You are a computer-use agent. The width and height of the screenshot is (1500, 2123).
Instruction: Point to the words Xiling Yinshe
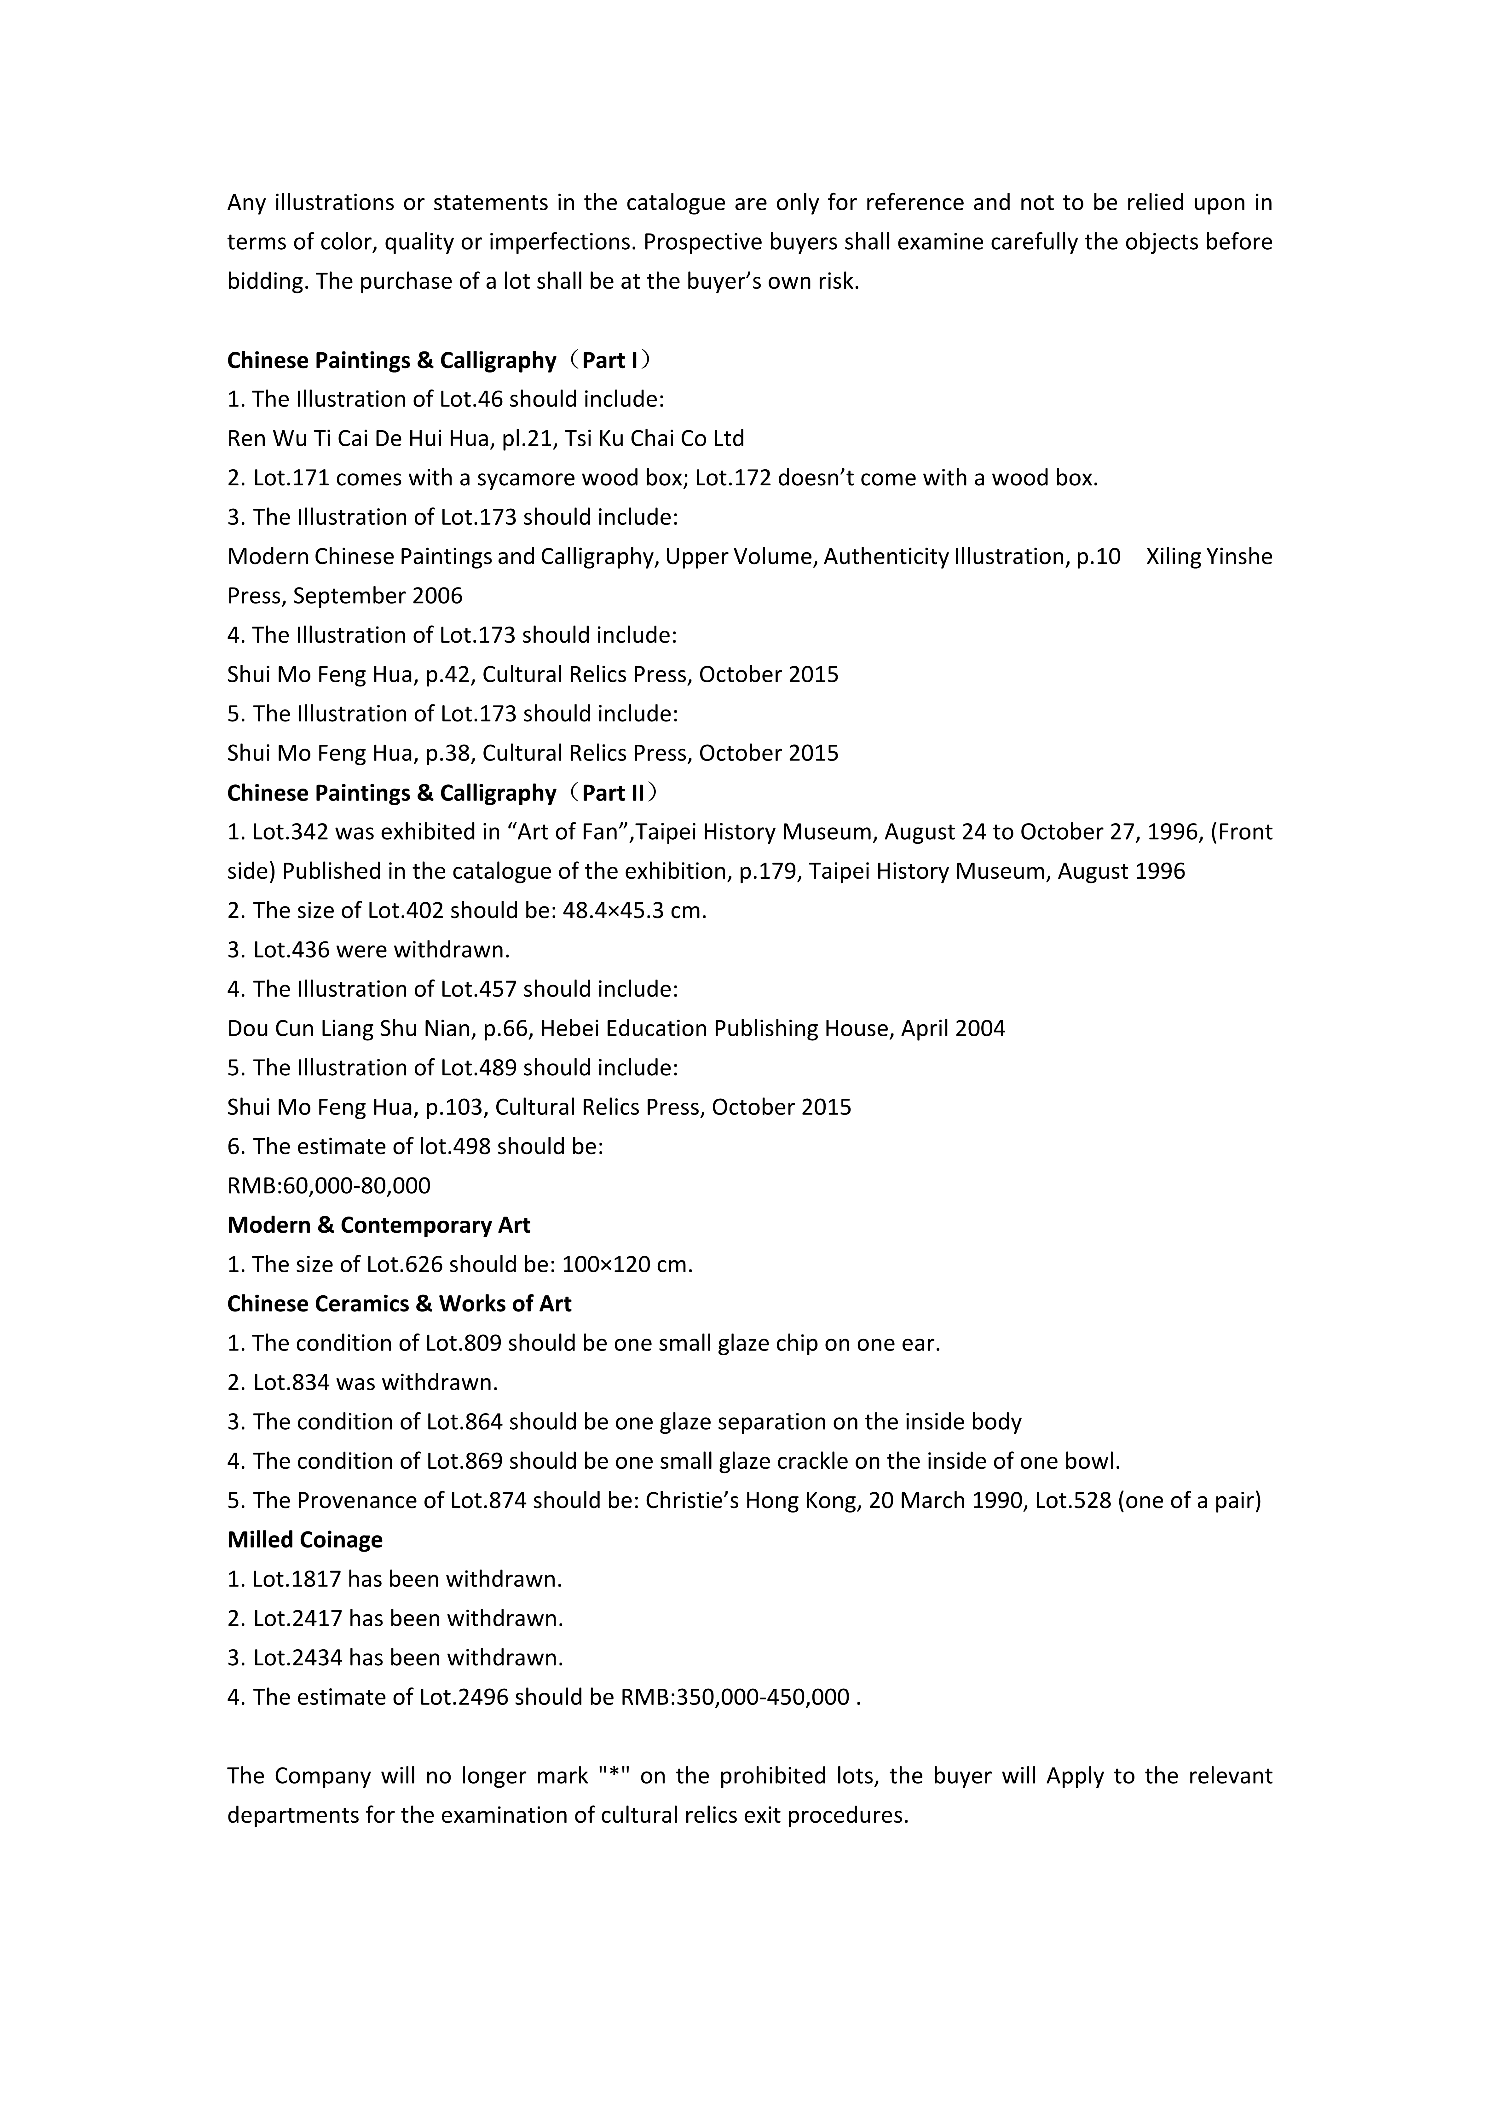click(x=1209, y=557)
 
